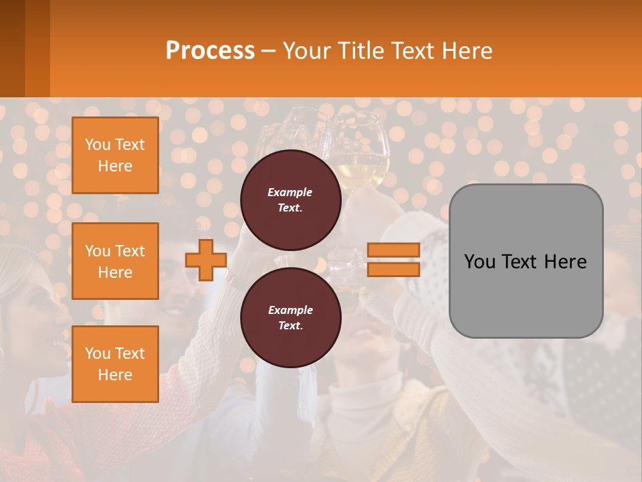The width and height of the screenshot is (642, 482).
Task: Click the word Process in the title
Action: pyautogui.click(x=210, y=51)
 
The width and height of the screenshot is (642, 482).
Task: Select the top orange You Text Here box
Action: pyautogui.click(x=115, y=155)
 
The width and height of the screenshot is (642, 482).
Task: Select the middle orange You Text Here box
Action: pyautogui.click(x=115, y=261)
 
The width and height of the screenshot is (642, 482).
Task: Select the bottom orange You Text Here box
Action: pyautogui.click(x=115, y=364)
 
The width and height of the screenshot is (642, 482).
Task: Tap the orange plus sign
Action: pyautogui.click(x=206, y=260)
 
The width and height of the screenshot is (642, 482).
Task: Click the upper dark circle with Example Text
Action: pyautogui.click(x=290, y=199)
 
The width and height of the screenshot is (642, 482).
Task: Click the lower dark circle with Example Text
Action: pyautogui.click(x=290, y=317)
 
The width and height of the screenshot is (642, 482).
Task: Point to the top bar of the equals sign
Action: pyautogui.click(x=393, y=250)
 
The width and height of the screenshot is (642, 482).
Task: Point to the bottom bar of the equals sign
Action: pyautogui.click(x=393, y=269)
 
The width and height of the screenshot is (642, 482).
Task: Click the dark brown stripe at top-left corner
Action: pyautogui.click(x=12, y=48)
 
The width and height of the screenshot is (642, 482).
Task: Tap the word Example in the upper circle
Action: pyautogui.click(x=290, y=192)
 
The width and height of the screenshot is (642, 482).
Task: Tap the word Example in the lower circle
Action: pyautogui.click(x=290, y=310)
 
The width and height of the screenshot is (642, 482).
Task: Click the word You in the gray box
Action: pyautogui.click(x=479, y=262)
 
